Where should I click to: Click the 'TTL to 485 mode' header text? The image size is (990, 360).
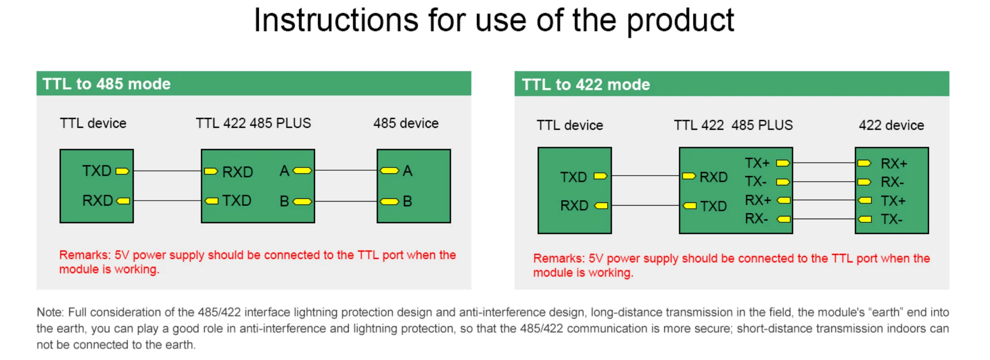(107, 84)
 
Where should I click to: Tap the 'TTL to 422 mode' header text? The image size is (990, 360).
(586, 85)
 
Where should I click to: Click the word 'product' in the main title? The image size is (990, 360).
(680, 21)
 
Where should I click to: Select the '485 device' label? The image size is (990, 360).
(405, 123)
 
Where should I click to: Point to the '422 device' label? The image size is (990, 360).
(891, 125)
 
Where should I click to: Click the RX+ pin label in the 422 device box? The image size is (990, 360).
(894, 163)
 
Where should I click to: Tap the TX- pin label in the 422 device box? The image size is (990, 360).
(891, 219)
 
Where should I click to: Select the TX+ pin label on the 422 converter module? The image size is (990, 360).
(757, 163)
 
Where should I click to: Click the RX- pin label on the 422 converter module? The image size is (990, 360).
(756, 219)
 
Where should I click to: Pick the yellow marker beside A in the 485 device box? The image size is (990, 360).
(389, 171)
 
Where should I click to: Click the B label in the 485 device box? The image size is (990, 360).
(407, 201)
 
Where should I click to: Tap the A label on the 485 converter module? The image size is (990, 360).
(284, 171)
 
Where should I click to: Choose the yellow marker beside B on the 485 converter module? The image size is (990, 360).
(302, 202)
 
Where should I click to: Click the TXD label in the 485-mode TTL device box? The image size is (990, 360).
(97, 171)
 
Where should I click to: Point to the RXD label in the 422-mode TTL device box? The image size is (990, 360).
(574, 206)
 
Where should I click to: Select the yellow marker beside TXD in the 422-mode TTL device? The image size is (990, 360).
(600, 176)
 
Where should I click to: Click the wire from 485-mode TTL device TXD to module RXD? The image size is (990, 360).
(167, 171)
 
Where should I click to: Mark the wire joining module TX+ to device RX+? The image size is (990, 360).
(823, 163)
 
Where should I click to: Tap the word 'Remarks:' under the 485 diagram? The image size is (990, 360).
(85, 255)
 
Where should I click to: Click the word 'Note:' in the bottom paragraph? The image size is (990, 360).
(50, 312)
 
